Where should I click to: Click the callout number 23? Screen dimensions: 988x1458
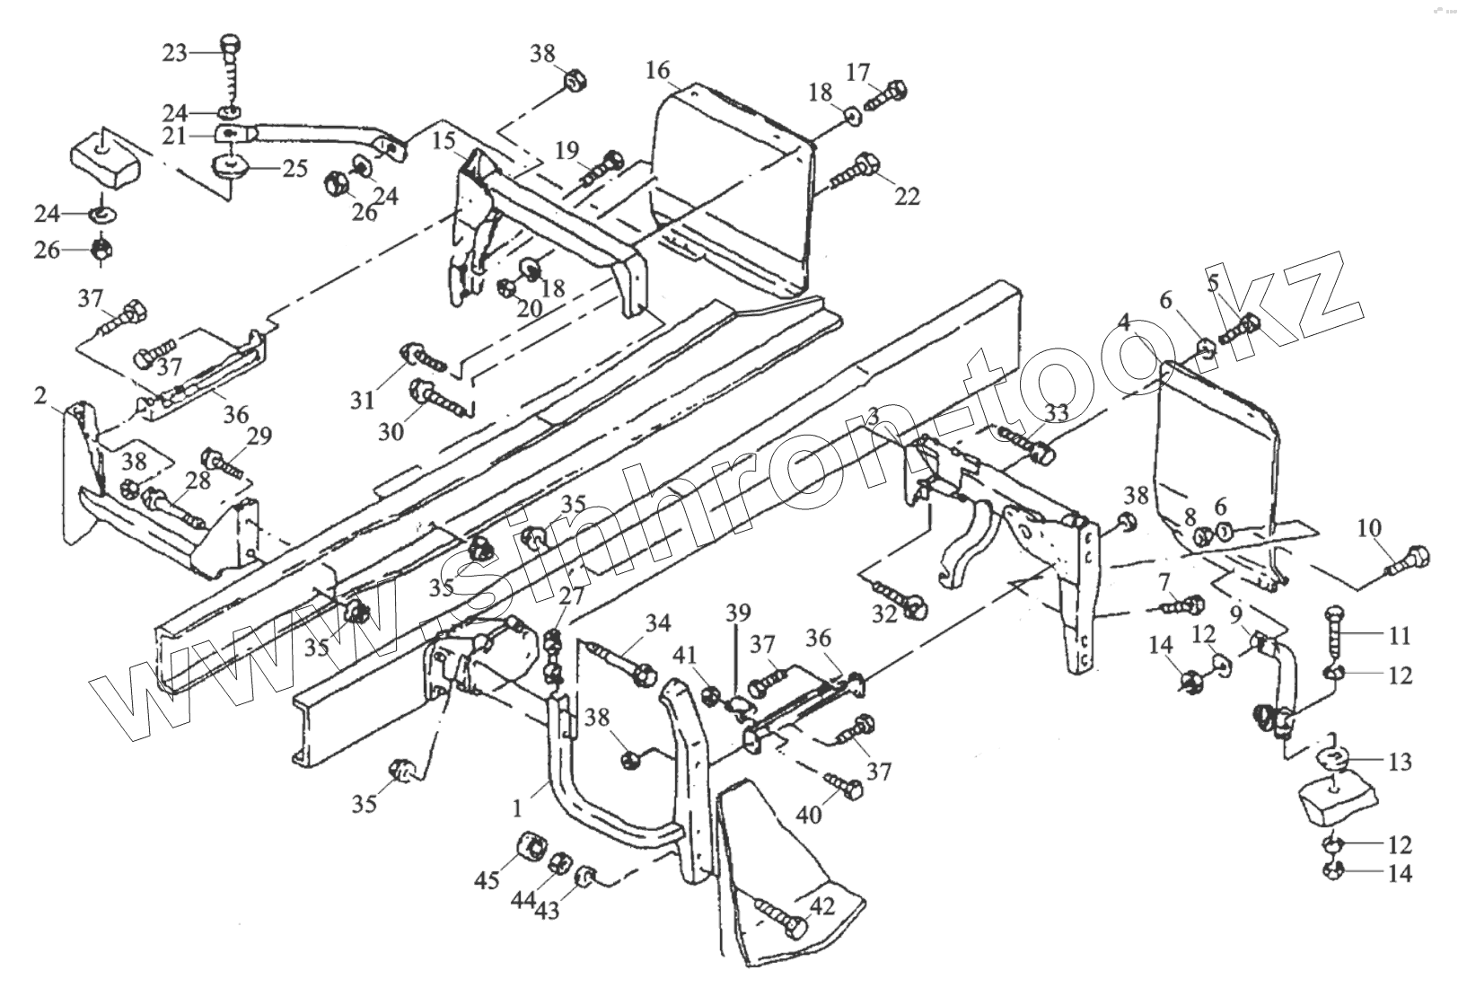[x=174, y=53]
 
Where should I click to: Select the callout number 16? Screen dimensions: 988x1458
[x=657, y=69]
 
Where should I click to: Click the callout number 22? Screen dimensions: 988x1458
[x=907, y=195]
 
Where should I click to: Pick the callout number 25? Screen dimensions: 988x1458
[x=295, y=168]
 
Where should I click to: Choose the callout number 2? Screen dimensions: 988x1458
[x=40, y=395]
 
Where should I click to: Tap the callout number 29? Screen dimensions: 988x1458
[x=259, y=437]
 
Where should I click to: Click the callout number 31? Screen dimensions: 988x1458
[x=362, y=400]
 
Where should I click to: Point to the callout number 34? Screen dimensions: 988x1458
[x=658, y=622]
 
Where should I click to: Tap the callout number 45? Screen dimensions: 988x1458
[x=487, y=880]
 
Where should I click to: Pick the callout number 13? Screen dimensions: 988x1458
[x=1400, y=763]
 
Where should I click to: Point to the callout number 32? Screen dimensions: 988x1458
[x=885, y=614]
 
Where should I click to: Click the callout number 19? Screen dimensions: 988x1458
[x=567, y=151]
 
